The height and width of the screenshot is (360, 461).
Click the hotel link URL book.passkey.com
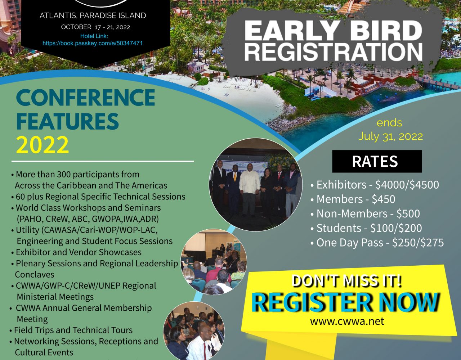pos(93,43)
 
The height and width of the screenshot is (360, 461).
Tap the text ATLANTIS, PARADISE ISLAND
pos(93,15)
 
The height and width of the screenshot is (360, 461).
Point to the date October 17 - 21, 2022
pos(95,27)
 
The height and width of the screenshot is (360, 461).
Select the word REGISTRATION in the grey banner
pos(334,52)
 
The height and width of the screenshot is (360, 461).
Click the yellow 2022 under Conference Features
pos(42,144)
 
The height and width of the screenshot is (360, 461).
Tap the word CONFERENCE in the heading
pos(85,98)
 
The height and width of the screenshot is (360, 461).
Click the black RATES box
pos(377,161)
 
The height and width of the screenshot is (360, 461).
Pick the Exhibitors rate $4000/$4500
pos(407,185)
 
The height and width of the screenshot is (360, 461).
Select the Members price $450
pos(383,199)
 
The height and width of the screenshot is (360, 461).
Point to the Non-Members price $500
pos(408,213)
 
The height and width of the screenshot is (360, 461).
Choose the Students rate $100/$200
pos(396,228)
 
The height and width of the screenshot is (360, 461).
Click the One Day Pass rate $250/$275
pos(418,243)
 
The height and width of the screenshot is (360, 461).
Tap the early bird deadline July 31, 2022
pos(390,136)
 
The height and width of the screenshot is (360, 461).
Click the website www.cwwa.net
pos(347,321)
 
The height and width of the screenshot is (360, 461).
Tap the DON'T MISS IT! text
pos(347,281)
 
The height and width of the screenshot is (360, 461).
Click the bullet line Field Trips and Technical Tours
pos(71,330)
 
